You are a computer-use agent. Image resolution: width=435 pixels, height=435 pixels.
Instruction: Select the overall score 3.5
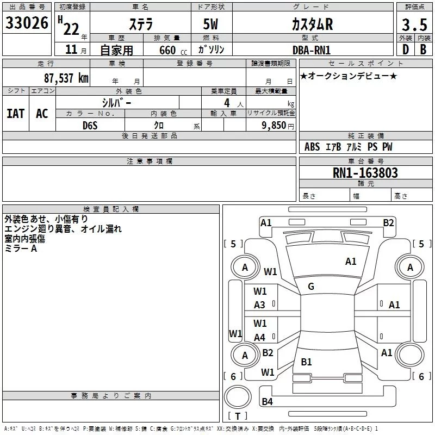coord(413,24)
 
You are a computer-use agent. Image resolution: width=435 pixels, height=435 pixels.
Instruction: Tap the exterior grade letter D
coord(405,49)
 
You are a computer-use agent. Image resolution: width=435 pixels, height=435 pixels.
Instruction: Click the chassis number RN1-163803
coord(365,173)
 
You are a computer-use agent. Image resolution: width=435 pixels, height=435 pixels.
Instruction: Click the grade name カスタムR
coord(312,24)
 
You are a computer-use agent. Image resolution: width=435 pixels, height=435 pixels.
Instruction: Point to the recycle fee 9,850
coord(278,125)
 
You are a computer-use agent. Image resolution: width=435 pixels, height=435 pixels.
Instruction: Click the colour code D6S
coord(90,125)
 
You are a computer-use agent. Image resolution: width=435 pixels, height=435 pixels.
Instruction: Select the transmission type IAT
coord(16,114)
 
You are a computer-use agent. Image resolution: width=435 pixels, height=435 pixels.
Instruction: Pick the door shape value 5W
coord(212,24)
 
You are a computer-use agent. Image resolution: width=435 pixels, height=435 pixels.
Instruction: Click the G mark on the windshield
coord(311,287)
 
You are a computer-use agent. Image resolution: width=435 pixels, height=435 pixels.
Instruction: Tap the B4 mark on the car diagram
coord(267,402)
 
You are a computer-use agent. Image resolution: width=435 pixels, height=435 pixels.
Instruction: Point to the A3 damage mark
coord(260,305)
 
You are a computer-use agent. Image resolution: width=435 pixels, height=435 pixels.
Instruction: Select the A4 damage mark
coord(260,337)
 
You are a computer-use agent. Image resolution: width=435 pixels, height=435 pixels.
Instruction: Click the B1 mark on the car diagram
coord(306,362)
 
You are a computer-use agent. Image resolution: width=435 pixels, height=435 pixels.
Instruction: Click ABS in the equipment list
coord(312,147)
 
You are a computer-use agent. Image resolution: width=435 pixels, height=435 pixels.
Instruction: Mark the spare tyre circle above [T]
coord(237,396)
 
